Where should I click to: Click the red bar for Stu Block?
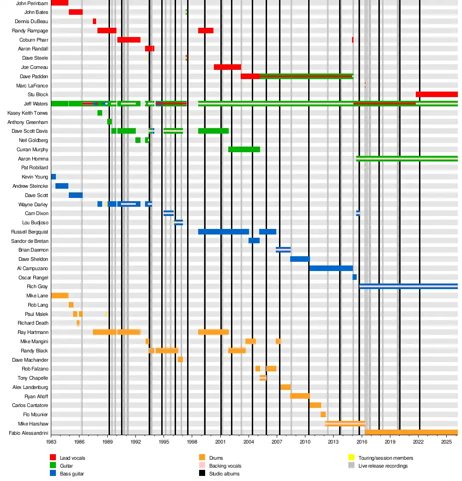pyautogui.click(x=437, y=94)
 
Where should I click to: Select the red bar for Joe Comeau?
pyautogui.click(x=227, y=67)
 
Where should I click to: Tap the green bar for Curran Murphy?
pyautogui.click(x=244, y=149)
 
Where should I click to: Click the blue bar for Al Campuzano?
pyautogui.click(x=331, y=268)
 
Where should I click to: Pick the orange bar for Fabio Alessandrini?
pyautogui.click(x=411, y=432)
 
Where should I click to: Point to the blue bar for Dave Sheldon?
pyautogui.click(x=300, y=259)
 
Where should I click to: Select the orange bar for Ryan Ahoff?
pyautogui.click(x=300, y=396)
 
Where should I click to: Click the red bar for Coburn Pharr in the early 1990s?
pyautogui.click(x=129, y=40)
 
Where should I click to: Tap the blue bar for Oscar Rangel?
pyautogui.click(x=354, y=277)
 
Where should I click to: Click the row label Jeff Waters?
pyautogui.click(x=36, y=104)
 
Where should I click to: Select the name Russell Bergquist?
pyautogui.click(x=30, y=232)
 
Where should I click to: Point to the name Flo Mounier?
pyautogui.click(x=36, y=414)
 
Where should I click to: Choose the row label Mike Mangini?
pyautogui.click(x=34, y=341)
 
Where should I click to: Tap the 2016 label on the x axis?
pyautogui.click(x=362, y=442)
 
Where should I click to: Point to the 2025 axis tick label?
pyautogui.click(x=446, y=442)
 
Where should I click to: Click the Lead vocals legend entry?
pyautogui.click(x=67, y=458)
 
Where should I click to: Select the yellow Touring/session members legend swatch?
pyautogui.click(x=352, y=458)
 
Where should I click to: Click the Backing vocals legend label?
pyautogui.click(x=225, y=466)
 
